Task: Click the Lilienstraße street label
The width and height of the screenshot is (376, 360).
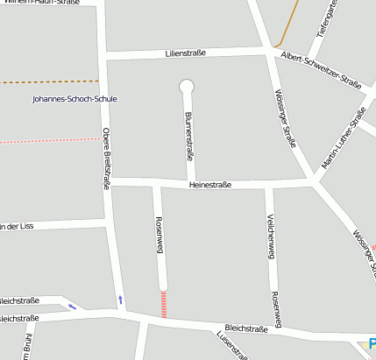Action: click(184, 53)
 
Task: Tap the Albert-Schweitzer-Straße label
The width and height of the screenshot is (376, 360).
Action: click(322, 70)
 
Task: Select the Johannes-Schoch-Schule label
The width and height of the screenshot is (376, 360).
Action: click(74, 99)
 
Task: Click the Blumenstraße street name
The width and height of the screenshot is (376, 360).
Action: click(188, 135)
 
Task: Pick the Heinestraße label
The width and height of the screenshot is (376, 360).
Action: click(209, 184)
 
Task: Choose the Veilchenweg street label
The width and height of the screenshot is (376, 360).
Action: click(270, 236)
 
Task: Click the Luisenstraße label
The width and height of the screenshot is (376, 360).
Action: click(232, 345)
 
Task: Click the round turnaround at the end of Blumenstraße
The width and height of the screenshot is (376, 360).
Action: click(186, 86)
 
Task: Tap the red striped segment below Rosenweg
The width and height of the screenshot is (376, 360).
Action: click(163, 304)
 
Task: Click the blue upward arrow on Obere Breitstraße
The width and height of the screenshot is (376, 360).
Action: click(121, 301)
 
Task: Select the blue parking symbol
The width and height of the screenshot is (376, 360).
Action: click(372, 345)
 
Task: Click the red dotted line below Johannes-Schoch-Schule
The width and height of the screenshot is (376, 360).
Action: click(44, 140)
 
